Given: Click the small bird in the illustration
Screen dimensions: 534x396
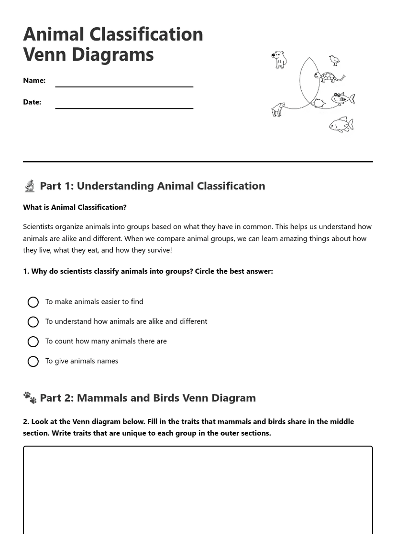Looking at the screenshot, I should click(334, 60).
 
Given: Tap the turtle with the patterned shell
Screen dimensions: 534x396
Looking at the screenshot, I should click(329, 77).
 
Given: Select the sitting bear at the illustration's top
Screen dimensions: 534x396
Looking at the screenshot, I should click(279, 60).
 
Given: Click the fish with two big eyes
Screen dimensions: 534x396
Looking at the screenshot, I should click(342, 99).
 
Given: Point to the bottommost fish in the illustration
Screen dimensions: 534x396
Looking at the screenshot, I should click(341, 125).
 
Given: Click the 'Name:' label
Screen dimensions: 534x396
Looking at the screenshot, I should click(34, 80).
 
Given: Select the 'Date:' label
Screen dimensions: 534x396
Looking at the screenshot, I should click(32, 102).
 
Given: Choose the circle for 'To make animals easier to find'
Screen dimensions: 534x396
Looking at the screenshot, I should click(33, 302).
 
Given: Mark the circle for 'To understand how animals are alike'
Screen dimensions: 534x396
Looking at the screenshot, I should click(33, 322).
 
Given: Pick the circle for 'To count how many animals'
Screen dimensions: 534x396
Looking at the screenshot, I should click(33, 342).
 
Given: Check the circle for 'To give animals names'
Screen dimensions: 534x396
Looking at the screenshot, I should click(33, 362).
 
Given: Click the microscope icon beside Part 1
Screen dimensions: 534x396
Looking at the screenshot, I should click(30, 186).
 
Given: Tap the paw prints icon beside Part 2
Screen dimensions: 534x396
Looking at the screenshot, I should click(30, 398).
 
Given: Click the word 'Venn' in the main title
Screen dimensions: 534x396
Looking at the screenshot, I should click(45, 54).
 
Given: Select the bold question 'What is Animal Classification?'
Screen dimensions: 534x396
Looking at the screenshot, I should click(75, 207).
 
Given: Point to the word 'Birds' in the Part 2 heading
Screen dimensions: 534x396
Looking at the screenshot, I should click(166, 398).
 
